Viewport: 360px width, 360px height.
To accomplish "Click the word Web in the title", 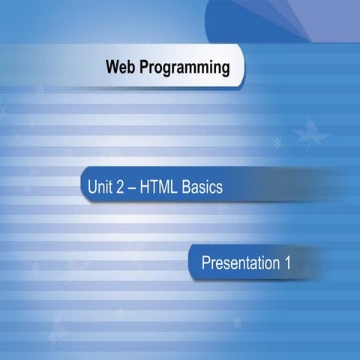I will coord(121,68).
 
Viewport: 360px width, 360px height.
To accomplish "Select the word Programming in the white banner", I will coord(184,69).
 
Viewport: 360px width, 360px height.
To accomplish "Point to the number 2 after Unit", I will coord(121,187).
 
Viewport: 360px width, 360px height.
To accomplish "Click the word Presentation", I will coord(238,263).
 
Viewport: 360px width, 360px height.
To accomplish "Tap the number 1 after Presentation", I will coord(286,263).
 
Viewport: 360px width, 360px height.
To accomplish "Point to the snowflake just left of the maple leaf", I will coord(277,142).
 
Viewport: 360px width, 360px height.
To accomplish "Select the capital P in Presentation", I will coord(206,263).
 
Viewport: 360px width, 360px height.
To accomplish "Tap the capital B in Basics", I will coord(187,187).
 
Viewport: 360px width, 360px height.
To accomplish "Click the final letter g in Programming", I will coord(225,70).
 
